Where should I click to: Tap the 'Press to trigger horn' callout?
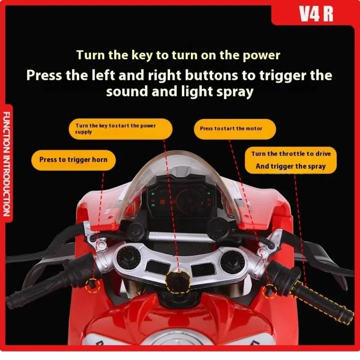click(x=73, y=159)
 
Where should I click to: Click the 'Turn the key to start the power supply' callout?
click(x=120, y=129)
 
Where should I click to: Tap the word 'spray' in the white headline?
click(x=232, y=91)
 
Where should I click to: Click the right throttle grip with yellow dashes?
click(x=319, y=304)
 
